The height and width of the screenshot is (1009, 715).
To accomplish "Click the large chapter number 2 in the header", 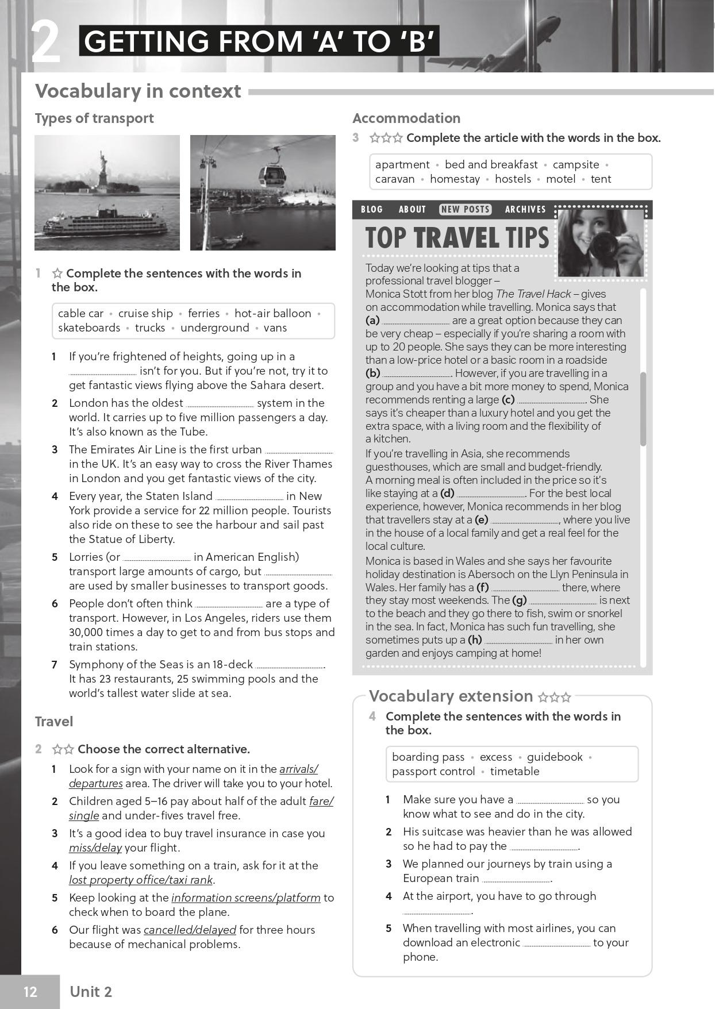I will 45,42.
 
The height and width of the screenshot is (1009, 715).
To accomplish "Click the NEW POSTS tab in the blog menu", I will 466,209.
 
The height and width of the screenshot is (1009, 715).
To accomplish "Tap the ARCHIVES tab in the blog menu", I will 525,209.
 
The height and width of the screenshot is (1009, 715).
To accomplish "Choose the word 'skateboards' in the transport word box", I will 89,328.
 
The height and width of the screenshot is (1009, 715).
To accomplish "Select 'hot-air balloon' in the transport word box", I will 273,313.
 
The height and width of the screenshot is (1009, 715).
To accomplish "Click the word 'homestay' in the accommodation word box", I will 455,179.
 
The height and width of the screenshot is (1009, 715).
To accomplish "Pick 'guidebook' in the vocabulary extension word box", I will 555,757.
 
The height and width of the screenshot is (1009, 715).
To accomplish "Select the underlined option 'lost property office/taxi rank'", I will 141,880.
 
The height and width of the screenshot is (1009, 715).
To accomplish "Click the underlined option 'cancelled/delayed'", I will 190,930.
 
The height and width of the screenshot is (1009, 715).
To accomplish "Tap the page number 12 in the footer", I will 30,992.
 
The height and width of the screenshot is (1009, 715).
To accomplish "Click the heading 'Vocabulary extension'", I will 451,696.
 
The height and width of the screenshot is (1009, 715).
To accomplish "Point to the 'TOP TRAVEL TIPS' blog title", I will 457,238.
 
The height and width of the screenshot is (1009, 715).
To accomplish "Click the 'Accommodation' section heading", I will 406,118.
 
